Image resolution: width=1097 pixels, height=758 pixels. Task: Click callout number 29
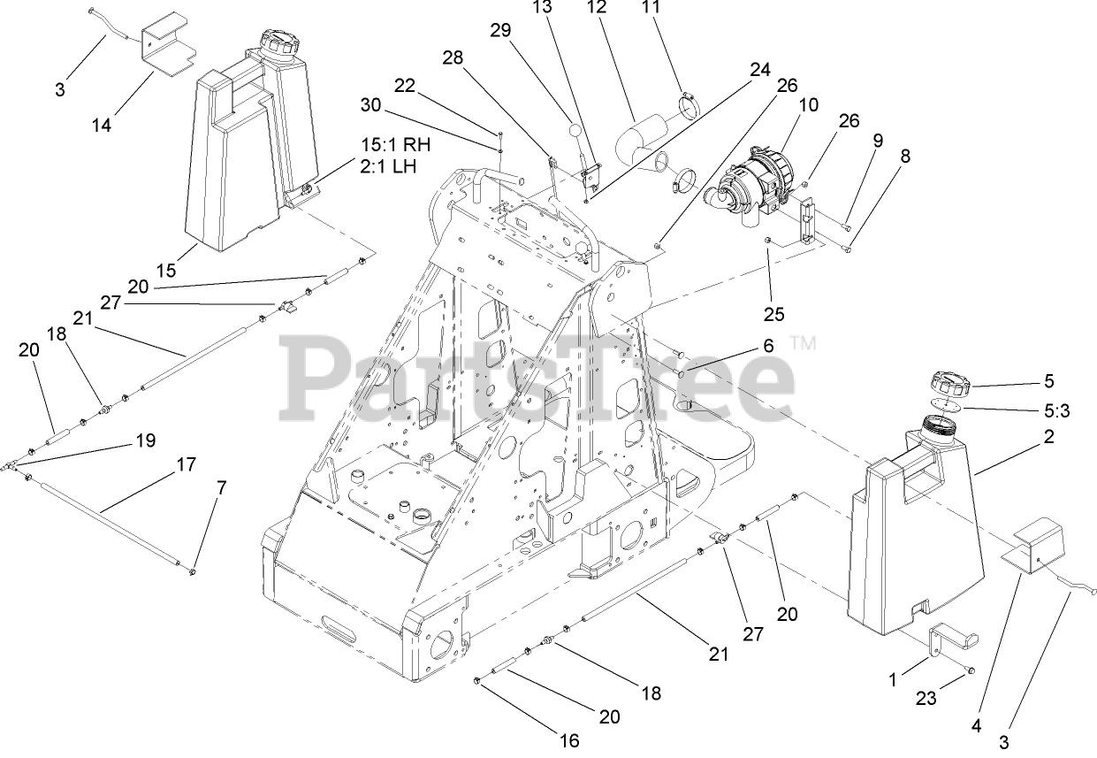click(x=501, y=30)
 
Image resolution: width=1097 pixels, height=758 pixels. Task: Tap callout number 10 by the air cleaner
click(x=809, y=105)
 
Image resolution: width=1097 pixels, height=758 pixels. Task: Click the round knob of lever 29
click(x=575, y=131)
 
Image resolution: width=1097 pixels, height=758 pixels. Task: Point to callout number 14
click(x=102, y=125)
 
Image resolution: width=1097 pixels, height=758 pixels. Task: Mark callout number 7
click(x=221, y=487)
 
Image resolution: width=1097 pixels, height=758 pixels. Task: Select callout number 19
click(x=144, y=439)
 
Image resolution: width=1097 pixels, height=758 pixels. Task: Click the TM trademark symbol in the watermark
click(x=803, y=341)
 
